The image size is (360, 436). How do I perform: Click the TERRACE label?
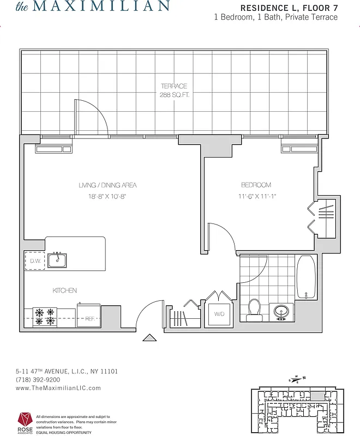[174, 86]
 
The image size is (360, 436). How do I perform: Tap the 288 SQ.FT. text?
[174, 94]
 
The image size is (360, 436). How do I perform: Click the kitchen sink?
[57, 261]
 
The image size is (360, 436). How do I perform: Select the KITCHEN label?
[64, 290]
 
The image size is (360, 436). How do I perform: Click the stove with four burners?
[45, 317]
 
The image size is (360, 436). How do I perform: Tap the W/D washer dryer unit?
[219, 314]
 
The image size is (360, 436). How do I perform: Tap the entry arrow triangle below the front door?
[149, 338]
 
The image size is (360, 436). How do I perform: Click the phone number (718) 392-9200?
[38, 379]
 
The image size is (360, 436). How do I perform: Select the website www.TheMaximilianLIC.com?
[58, 388]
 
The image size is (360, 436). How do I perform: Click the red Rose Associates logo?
[25, 420]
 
